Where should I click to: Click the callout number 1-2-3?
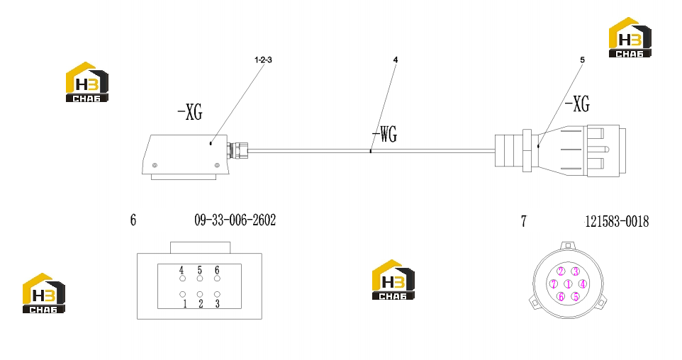pos(263,60)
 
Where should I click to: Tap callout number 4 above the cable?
pos(396,60)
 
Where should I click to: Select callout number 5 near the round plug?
pos(583,60)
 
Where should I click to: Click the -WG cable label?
pos(384,134)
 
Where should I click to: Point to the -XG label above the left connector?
pos(190,112)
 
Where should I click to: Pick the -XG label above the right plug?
pos(577,104)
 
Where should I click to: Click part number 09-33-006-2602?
pos(235,220)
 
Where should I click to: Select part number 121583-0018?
pos(617,222)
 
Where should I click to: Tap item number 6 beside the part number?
pos(133,220)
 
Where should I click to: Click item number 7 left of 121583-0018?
pos(524,221)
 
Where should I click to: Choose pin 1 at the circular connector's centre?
pos(568,284)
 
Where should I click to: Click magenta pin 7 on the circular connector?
pos(553,284)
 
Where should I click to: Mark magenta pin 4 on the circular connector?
pos(583,284)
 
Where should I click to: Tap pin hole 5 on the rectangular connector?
pos(200,279)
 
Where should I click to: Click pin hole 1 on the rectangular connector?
pos(183,294)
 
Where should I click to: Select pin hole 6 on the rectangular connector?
pos(217,279)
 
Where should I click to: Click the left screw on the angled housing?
pos(155,165)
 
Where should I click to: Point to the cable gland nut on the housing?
pos(238,150)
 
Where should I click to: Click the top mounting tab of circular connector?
pos(566,245)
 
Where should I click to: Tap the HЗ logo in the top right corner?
pos(630,38)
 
